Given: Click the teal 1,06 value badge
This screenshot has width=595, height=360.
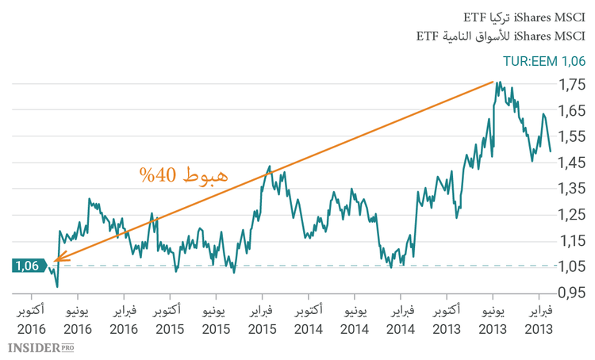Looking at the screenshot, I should tap(26, 266).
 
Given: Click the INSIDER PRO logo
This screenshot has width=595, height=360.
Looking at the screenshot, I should tap(40, 347).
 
